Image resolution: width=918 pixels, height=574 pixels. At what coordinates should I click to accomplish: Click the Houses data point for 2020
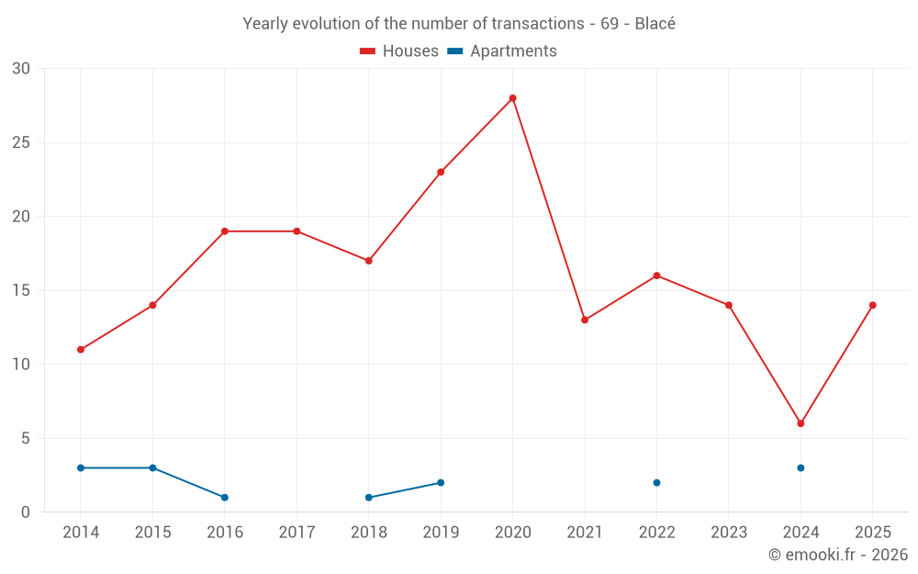coord(512,98)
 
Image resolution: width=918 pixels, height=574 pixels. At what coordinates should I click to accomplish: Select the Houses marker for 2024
coord(800,423)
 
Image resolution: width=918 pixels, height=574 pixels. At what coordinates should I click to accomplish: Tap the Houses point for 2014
coord(81,350)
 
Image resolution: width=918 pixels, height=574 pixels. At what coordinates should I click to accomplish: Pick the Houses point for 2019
coord(441,172)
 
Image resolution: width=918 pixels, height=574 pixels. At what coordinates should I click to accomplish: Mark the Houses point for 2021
coord(585,320)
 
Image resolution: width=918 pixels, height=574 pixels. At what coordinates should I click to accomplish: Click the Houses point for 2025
coord(872,305)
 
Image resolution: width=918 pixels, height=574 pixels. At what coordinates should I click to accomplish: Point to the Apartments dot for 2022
coord(656,482)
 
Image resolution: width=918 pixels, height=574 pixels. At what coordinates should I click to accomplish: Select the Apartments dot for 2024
coord(800,467)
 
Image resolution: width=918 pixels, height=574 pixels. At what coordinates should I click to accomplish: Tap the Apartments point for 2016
coord(225,497)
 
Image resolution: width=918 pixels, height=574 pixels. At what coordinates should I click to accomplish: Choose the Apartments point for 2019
coord(441,482)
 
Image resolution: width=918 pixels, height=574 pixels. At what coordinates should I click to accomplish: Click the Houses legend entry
coord(399,51)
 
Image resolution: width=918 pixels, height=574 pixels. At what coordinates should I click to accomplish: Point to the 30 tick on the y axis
coord(21,69)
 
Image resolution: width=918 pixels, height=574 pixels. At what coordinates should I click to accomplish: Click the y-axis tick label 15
coord(21,290)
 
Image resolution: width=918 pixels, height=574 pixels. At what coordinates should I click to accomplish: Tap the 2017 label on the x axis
coord(297,532)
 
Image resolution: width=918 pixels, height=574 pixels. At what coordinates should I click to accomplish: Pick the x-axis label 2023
coord(729,532)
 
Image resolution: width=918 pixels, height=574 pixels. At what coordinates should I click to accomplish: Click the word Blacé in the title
coord(655,24)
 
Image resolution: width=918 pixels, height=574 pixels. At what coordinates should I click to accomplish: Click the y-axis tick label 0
coord(26,512)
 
